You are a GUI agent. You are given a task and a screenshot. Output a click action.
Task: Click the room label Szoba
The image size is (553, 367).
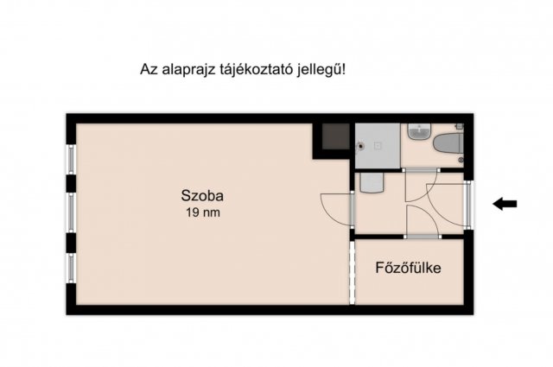(200, 194)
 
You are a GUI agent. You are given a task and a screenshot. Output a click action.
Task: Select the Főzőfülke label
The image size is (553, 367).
(408, 268)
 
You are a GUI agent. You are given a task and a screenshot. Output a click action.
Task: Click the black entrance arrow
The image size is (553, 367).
(504, 204)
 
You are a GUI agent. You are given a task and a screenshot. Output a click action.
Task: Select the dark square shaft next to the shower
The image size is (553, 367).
(332, 138)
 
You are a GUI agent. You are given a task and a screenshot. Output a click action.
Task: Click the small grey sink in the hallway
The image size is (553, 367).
(372, 182)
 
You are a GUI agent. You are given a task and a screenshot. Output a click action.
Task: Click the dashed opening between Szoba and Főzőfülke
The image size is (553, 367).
(352, 272)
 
